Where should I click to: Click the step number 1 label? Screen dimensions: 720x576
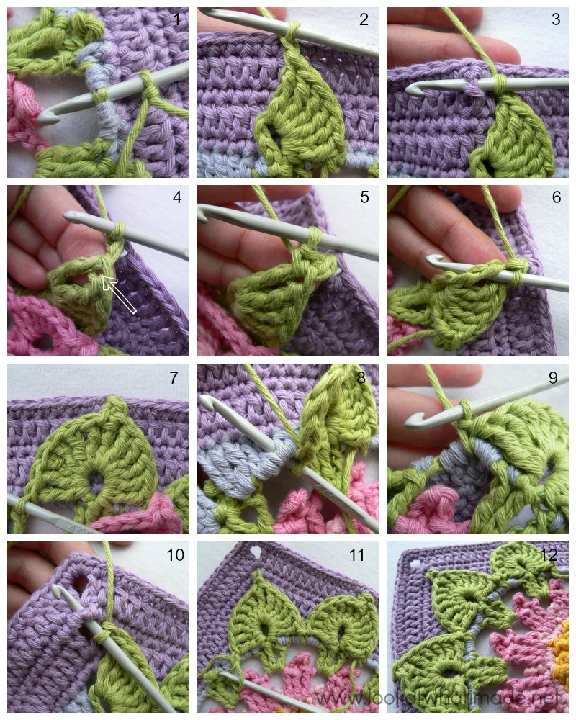coord(176,19)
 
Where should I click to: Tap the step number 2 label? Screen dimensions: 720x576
coord(364,19)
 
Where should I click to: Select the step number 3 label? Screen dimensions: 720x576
coord(555,19)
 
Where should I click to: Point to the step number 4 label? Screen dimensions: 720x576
coord(176,197)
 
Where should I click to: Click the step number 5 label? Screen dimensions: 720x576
coord(364,197)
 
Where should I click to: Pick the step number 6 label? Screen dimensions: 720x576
coord(555,197)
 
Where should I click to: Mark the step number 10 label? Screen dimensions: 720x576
coord(175,555)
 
